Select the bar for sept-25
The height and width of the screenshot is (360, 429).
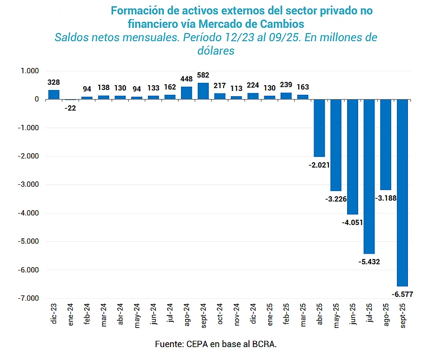(x=402, y=192)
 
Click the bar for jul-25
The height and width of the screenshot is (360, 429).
(x=369, y=176)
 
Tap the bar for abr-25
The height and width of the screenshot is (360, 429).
(x=319, y=128)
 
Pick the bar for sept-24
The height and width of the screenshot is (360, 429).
(x=203, y=91)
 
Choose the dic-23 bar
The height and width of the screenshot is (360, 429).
(x=54, y=94)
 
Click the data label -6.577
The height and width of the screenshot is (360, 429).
(x=402, y=294)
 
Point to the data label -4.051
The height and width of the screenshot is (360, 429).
(x=353, y=222)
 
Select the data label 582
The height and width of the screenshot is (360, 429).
(x=203, y=75)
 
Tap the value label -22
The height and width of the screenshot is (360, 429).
(x=70, y=108)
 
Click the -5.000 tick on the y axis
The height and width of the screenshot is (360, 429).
(x=28, y=242)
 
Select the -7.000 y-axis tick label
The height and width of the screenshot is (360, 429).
(x=28, y=299)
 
